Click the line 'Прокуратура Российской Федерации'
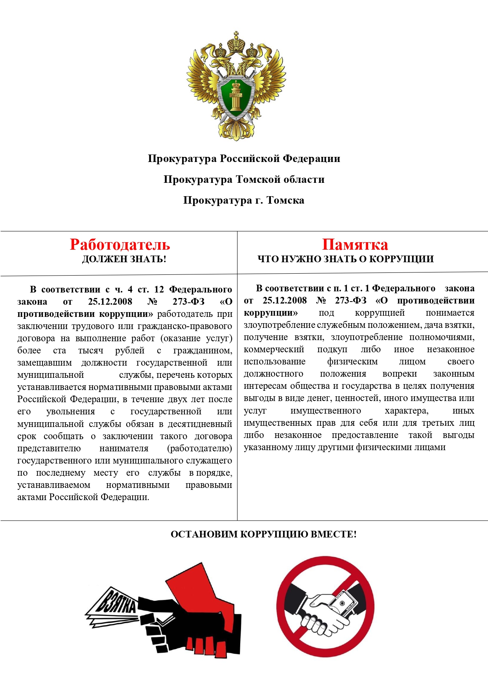(x=244, y=158)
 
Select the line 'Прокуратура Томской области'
(x=244, y=179)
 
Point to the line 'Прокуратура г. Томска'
(x=244, y=200)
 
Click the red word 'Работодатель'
(x=120, y=245)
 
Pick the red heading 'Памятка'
(x=355, y=245)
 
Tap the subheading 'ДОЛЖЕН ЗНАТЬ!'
(x=124, y=259)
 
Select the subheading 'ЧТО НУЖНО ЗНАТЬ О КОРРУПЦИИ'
(x=345, y=259)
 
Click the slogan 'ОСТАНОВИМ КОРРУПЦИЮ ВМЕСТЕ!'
(x=263, y=534)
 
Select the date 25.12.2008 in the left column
(x=110, y=302)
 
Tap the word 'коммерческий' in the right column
(x=274, y=349)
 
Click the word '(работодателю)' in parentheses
(x=199, y=448)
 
